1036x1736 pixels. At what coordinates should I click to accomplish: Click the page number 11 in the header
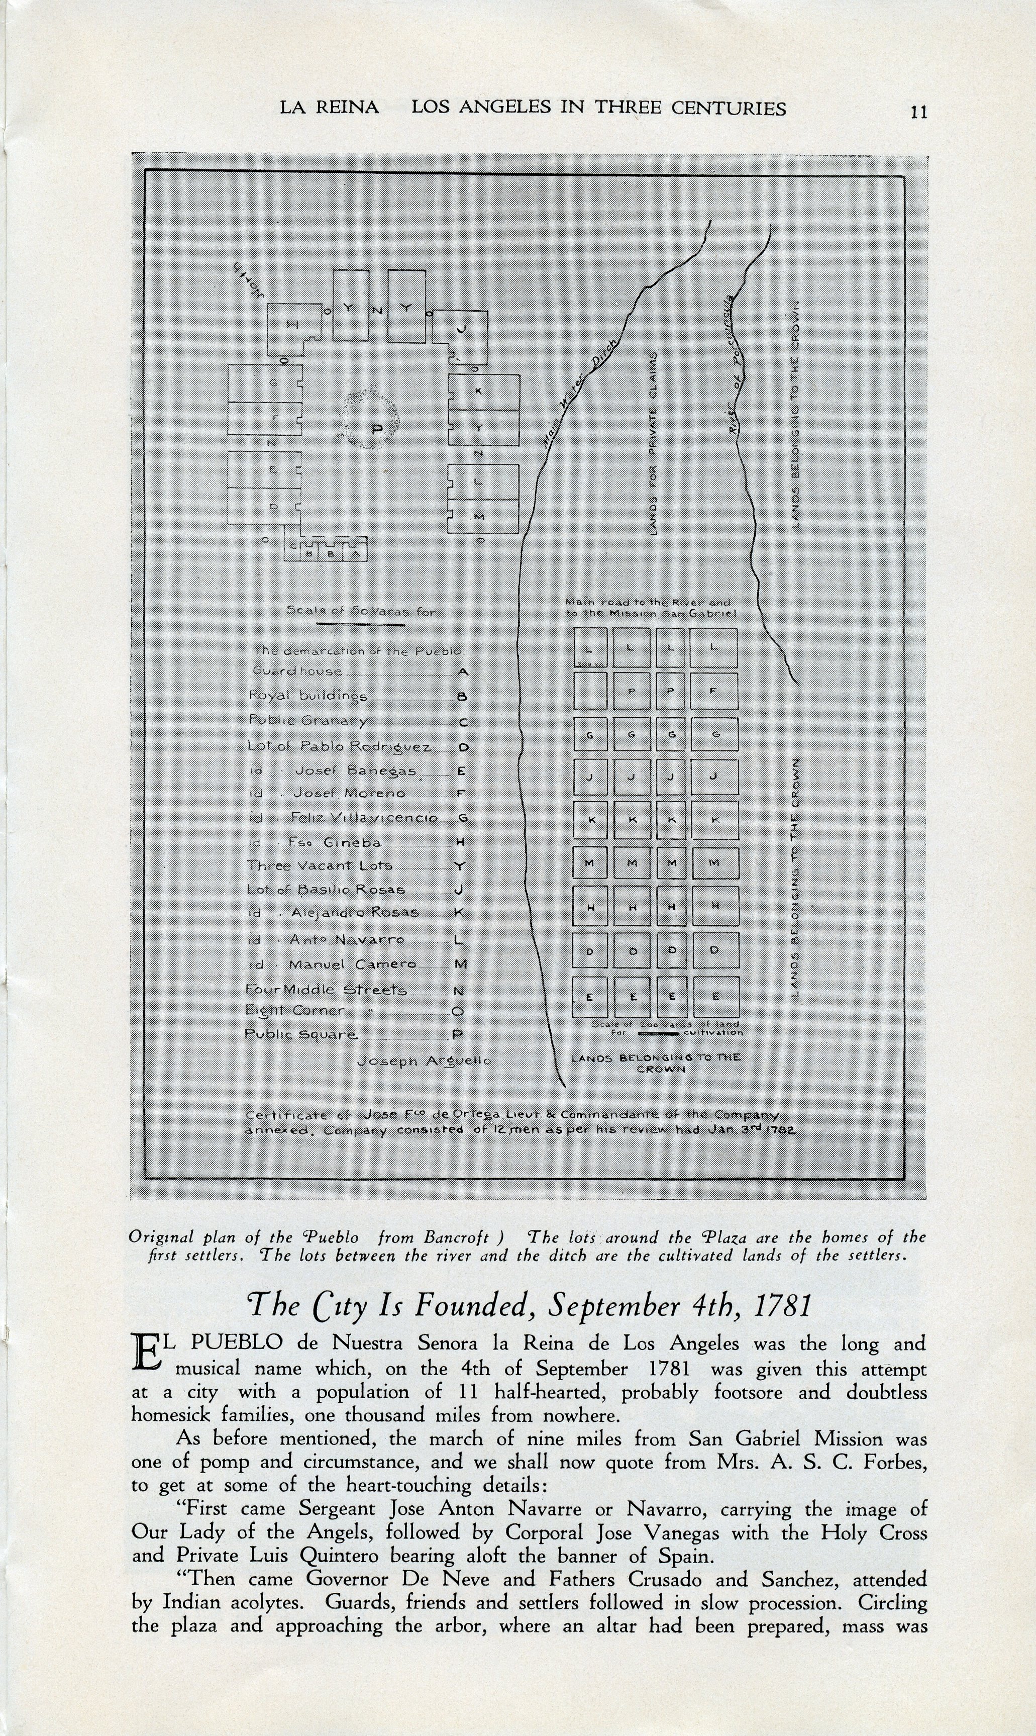pos(919,112)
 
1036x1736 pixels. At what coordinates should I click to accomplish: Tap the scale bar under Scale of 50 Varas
pos(360,624)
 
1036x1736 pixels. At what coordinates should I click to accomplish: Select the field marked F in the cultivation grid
pos(713,691)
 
